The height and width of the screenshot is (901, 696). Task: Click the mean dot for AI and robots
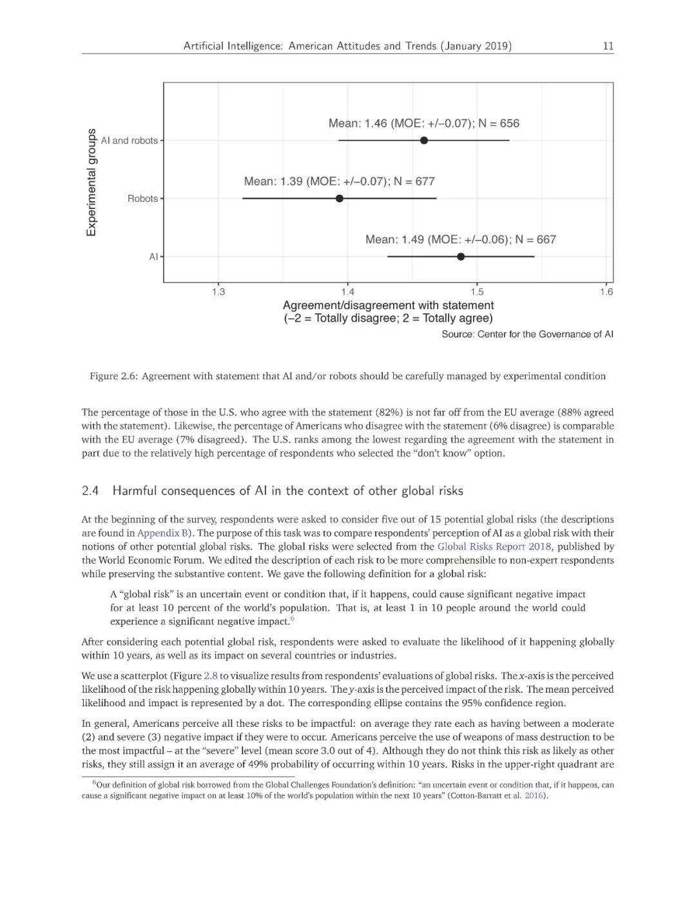(423, 140)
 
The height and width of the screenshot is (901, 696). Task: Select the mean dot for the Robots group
(340, 198)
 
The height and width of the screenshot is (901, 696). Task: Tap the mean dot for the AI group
(461, 256)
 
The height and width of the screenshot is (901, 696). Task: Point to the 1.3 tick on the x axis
(218, 292)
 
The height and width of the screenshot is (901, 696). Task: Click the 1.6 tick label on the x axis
(606, 292)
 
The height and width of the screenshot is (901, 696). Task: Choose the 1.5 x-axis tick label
(477, 292)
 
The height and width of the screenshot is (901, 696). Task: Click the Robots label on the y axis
(142, 199)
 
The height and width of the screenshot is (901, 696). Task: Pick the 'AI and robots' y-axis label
(129, 141)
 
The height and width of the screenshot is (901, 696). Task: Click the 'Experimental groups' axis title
(92, 183)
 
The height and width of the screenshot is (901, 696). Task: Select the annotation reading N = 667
(536, 239)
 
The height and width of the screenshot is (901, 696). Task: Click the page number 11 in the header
(608, 46)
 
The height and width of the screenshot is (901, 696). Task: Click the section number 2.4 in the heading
(90, 491)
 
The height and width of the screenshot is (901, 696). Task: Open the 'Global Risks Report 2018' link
(494, 546)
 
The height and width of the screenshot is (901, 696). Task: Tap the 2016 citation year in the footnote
(534, 795)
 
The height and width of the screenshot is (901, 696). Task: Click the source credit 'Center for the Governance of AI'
(545, 334)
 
